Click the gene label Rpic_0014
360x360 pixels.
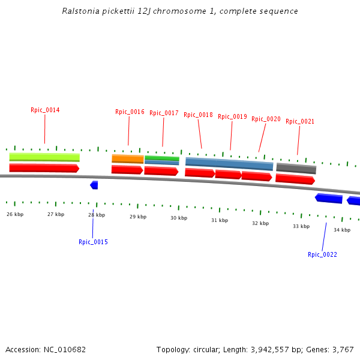(45, 110)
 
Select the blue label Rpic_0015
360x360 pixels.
(93, 242)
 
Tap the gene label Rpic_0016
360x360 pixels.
(130, 112)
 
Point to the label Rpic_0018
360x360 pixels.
(198, 115)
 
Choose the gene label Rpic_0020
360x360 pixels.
(266, 119)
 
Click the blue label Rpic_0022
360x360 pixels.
(322, 255)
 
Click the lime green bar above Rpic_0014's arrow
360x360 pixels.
(44, 157)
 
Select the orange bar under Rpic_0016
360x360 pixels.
(127, 159)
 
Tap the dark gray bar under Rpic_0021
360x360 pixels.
(296, 169)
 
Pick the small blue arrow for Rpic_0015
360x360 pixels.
(94, 185)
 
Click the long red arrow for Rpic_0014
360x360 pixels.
(44, 168)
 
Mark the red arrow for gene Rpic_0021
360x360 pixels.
(295, 179)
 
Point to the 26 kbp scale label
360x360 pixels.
(15, 214)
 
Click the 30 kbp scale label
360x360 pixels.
(179, 218)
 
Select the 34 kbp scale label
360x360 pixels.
(342, 230)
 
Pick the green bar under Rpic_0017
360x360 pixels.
(161, 158)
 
